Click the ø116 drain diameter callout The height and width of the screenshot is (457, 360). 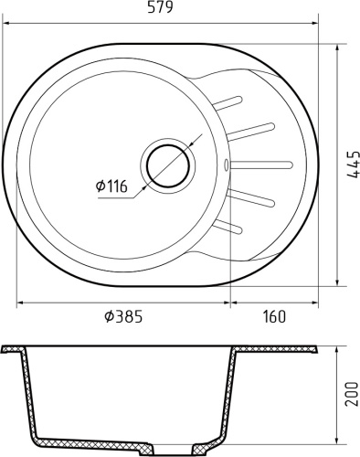pos(112,187)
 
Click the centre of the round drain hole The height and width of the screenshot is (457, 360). pos(167,165)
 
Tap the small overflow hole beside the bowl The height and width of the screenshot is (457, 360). pos(226,165)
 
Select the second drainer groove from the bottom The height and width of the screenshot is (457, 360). pos(252,197)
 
